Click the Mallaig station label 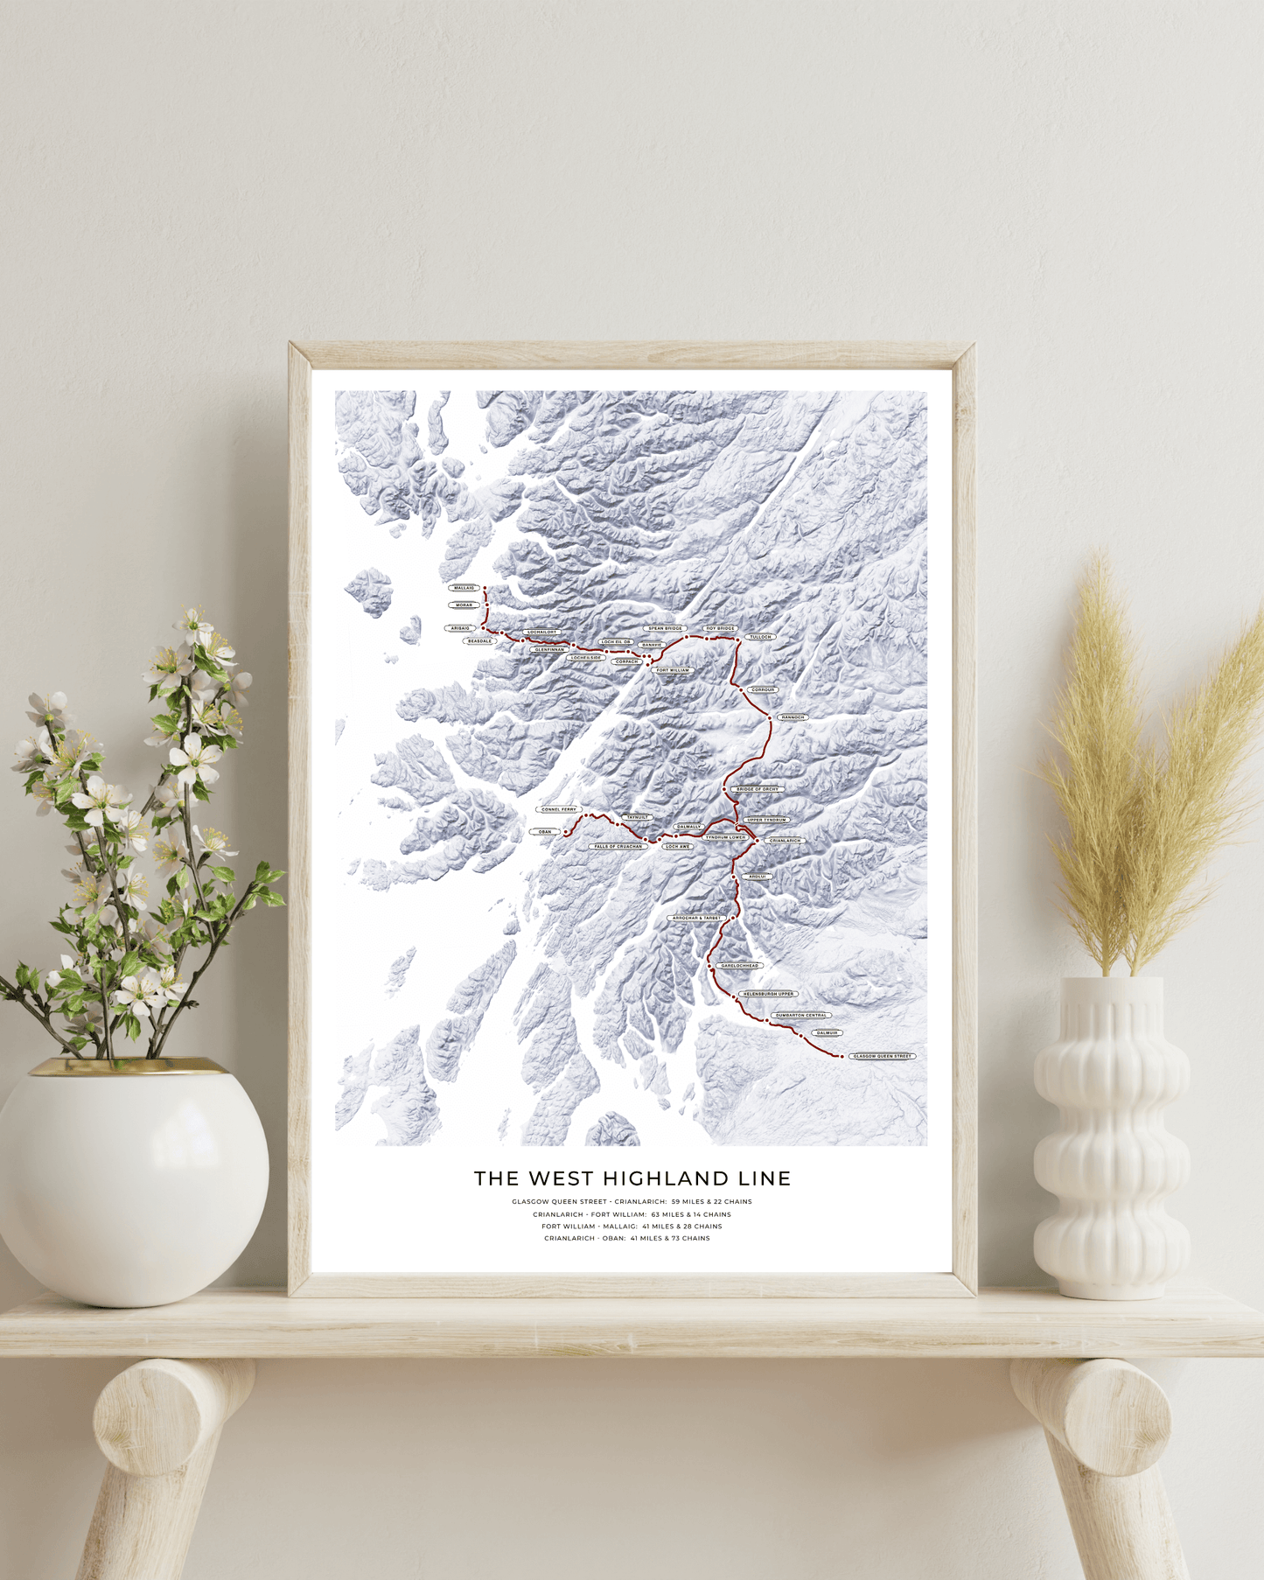[x=464, y=588]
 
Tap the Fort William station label [x=673, y=670]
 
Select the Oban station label [x=545, y=832]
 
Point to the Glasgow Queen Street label [x=882, y=1056]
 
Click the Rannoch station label [x=793, y=717]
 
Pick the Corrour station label [x=764, y=690]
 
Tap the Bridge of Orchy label [x=758, y=789]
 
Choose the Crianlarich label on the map [x=785, y=841]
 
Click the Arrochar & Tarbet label [x=697, y=918]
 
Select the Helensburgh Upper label [x=769, y=994]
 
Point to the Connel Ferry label [x=559, y=809]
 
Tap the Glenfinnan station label [x=549, y=650]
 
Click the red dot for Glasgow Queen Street [x=842, y=1057]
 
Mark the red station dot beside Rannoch [x=771, y=718]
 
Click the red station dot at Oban [x=566, y=832]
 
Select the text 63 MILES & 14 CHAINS [x=691, y=1214]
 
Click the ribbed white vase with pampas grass [x=1111, y=1137]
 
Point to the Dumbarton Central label [x=801, y=1016]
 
